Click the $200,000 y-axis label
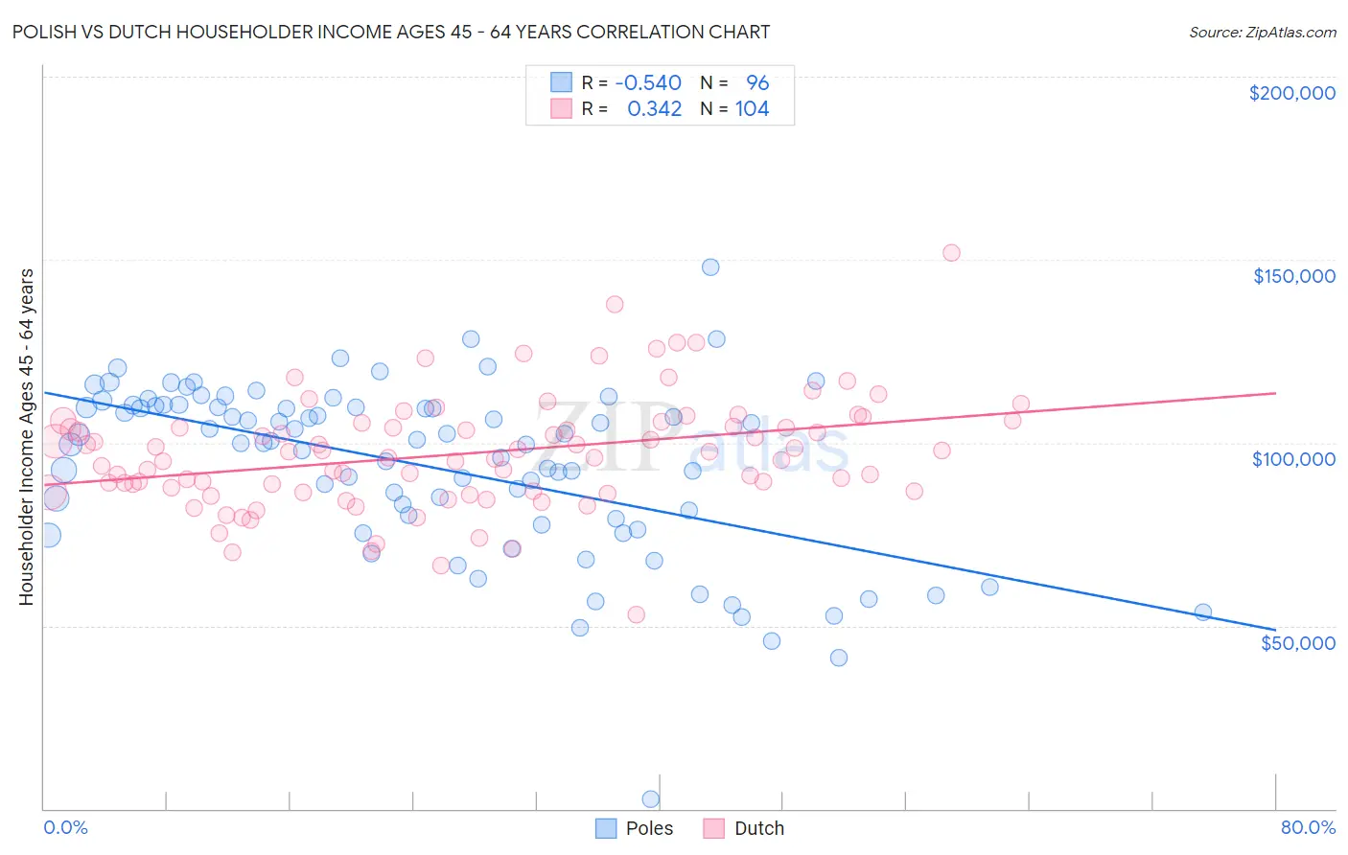pyautogui.click(x=1291, y=93)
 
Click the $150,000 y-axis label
pyautogui.click(x=1293, y=276)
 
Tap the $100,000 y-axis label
pyautogui.click(x=1293, y=459)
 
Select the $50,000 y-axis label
pyautogui.click(x=1297, y=642)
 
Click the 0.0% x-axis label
pyautogui.click(x=65, y=827)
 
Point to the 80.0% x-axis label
pyautogui.click(x=1308, y=827)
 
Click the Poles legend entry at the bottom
pyautogui.click(x=648, y=828)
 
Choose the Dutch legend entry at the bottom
pyautogui.click(x=758, y=828)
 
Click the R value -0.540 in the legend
pyautogui.click(x=648, y=82)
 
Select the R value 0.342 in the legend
pyautogui.click(x=654, y=108)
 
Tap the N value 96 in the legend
pyautogui.click(x=757, y=82)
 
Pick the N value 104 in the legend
pyautogui.click(x=752, y=108)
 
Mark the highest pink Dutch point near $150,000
pyautogui.click(x=951, y=253)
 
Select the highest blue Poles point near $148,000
pyautogui.click(x=710, y=267)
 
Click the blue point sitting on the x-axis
pyautogui.click(x=650, y=798)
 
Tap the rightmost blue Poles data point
pyautogui.click(x=1202, y=612)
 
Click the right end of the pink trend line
pyautogui.click(x=1275, y=393)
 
